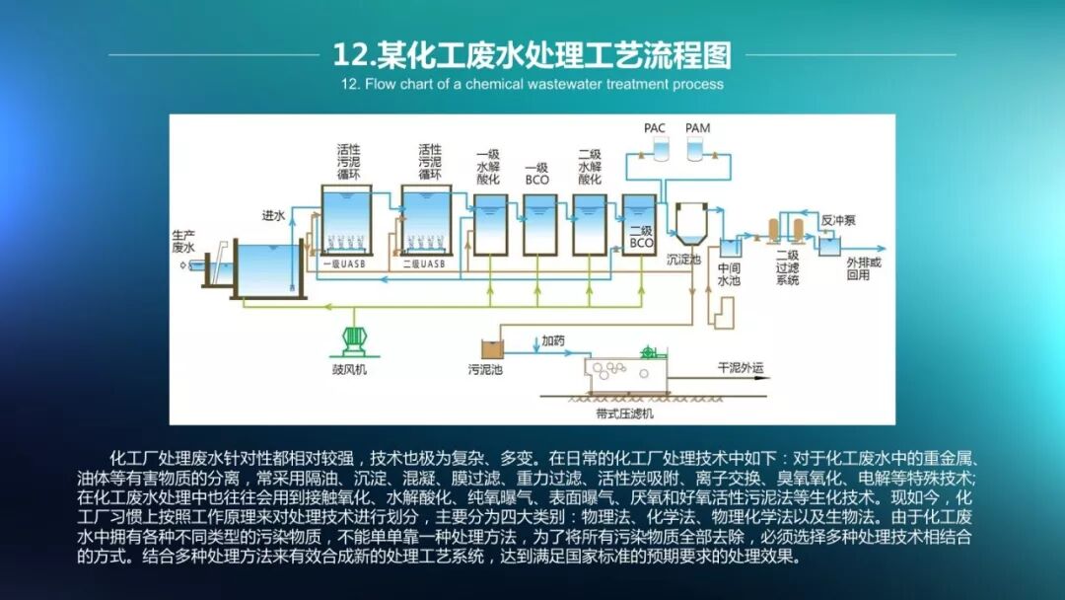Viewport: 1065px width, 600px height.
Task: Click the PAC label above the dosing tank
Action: point(655,128)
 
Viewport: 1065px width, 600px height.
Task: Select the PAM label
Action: point(697,128)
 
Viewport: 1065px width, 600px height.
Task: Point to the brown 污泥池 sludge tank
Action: point(491,348)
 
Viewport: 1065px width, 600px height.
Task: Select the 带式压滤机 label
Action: point(625,413)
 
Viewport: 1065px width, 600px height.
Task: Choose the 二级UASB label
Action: point(425,264)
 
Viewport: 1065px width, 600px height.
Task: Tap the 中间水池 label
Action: point(729,273)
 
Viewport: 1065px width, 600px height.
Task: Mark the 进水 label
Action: point(273,215)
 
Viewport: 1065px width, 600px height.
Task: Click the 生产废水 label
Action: point(183,241)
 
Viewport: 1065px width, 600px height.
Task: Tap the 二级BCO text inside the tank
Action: point(642,237)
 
